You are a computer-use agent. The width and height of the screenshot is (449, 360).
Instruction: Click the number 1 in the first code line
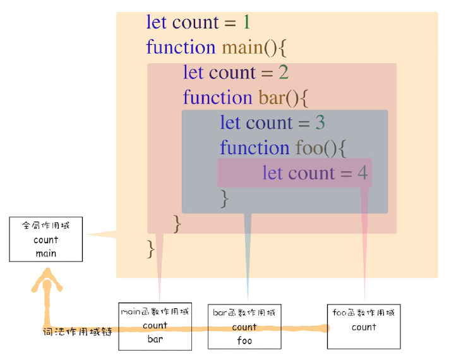point(246,23)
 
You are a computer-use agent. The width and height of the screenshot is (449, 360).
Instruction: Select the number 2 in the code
point(284,73)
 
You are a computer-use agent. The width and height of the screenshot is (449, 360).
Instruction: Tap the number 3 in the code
point(320,123)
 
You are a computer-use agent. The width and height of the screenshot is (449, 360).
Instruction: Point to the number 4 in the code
point(362,173)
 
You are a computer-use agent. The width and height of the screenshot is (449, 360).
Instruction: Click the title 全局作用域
point(45,225)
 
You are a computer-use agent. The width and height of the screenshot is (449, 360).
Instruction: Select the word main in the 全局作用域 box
point(45,253)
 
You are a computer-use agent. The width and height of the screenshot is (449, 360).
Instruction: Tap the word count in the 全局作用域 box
point(45,240)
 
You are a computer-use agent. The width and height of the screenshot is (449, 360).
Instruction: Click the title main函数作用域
point(155,311)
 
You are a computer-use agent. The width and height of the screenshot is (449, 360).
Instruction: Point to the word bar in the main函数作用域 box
point(155,339)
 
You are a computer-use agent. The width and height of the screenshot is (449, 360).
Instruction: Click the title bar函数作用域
point(244,313)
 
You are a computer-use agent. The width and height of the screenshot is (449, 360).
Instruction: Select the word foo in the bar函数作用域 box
point(244,340)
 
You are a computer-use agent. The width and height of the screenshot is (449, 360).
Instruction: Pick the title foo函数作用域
point(364,313)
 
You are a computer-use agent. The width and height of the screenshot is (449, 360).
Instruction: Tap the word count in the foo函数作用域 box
point(364,327)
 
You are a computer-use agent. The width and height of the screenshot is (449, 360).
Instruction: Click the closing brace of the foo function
point(224,199)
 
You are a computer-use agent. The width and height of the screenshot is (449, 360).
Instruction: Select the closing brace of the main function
point(151,248)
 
